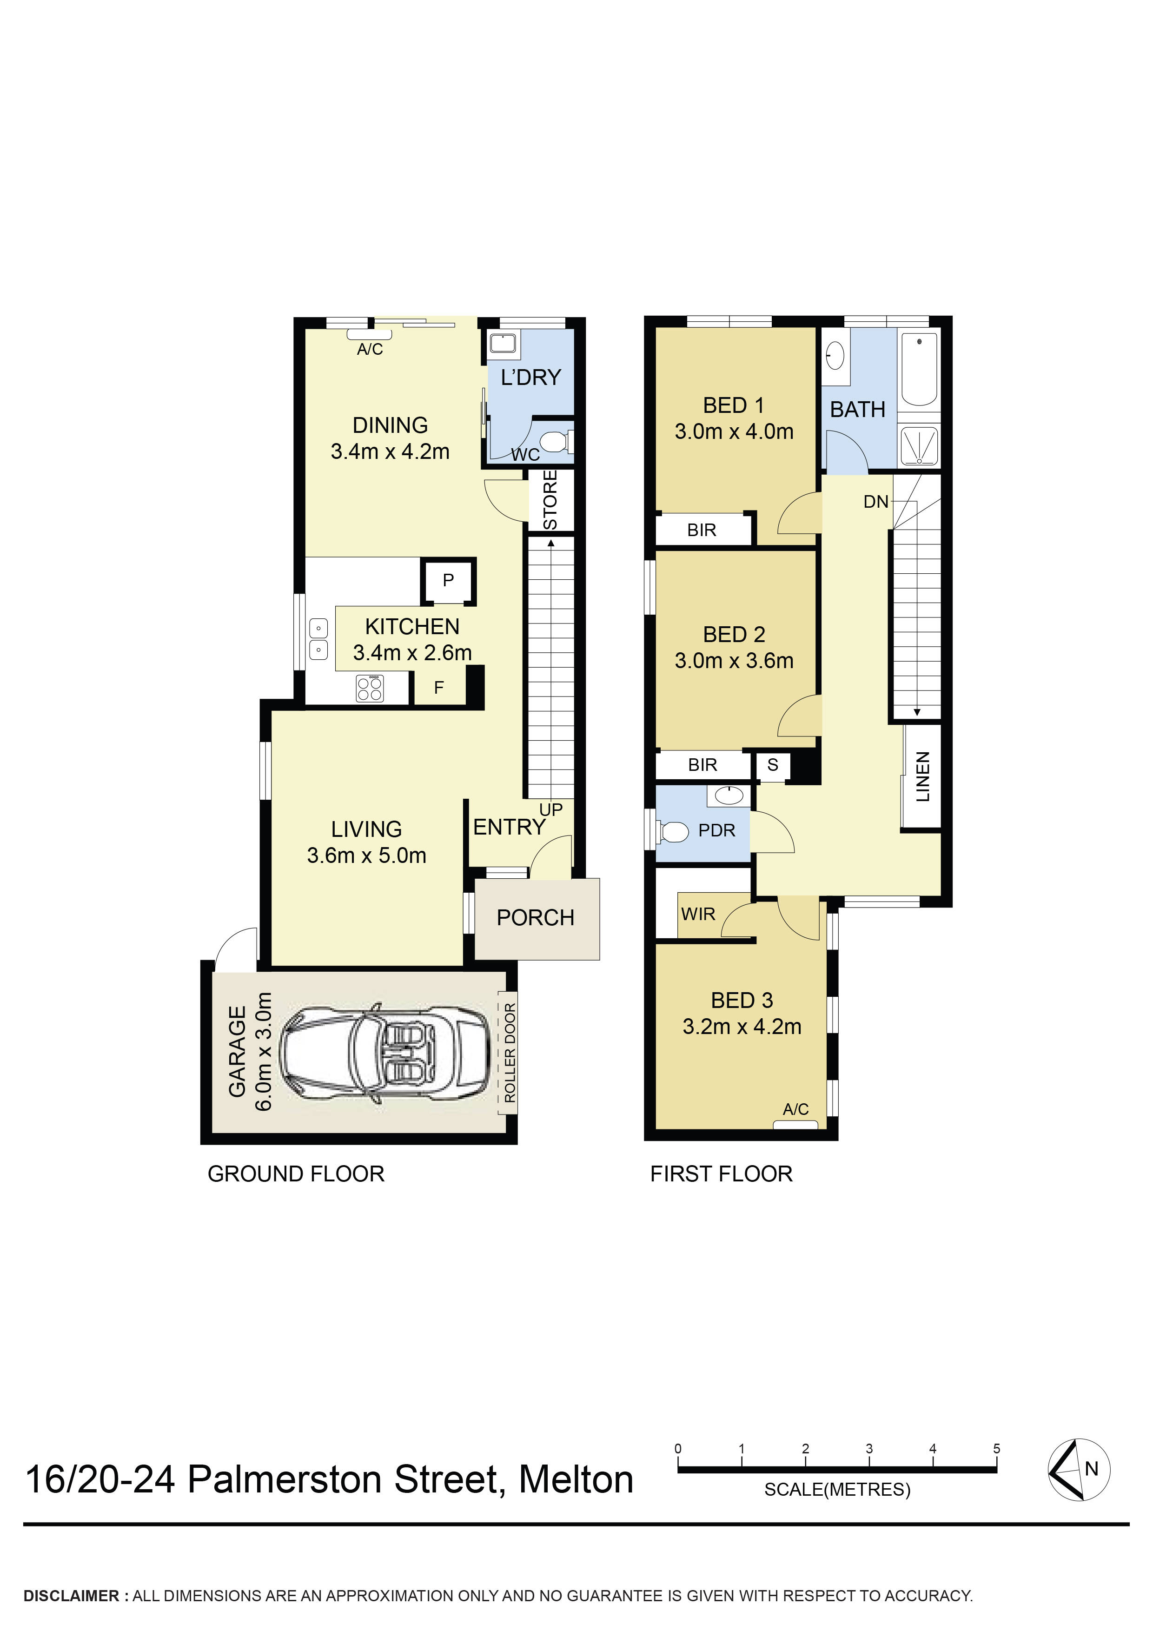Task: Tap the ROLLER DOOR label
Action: pyautogui.click(x=510, y=1052)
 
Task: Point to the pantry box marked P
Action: pyautogui.click(x=448, y=580)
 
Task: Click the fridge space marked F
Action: pyautogui.click(x=439, y=688)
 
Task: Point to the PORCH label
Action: pyautogui.click(x=535, y=918)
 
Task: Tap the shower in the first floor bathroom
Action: pyautogui.click(x=919, y=445)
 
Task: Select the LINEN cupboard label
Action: pyautogui.click(x=922, y=776)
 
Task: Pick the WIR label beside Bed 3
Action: pyautogui.click(x=698, y=914)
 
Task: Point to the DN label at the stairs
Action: pyautogui.click(x=875, y=502)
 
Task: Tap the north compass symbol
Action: pyautogui.click(x=1079, y=1469)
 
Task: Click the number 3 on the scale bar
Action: pyautogui.click(x=869, y=1448)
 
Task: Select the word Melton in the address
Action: pyautogui.click(x=576, y=1480)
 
